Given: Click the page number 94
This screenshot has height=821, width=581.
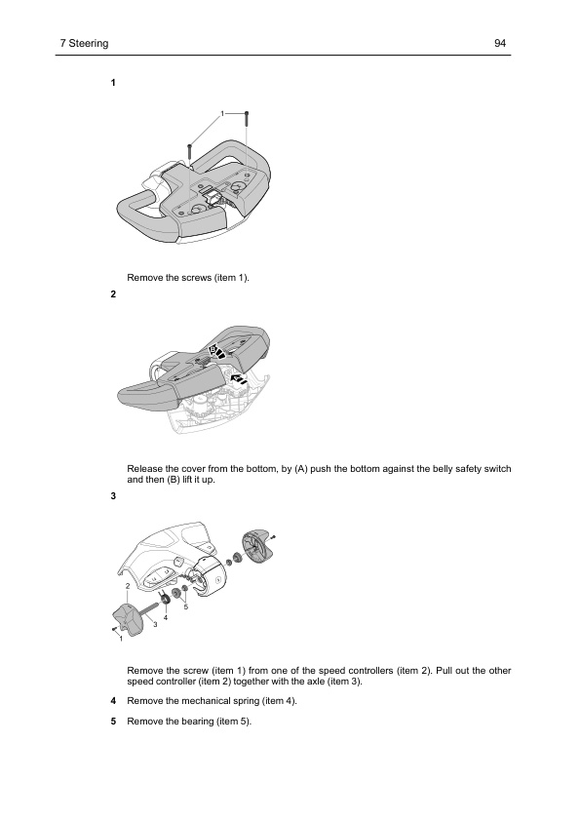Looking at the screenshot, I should tap(501, 44).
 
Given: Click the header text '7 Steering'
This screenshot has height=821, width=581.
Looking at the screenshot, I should tap(83, 44).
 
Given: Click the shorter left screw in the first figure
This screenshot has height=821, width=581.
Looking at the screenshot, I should tap(190, 152).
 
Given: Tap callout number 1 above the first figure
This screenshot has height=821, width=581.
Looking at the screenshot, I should tap(221, 115).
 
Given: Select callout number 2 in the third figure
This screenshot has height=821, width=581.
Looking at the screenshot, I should tap(127, 585).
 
